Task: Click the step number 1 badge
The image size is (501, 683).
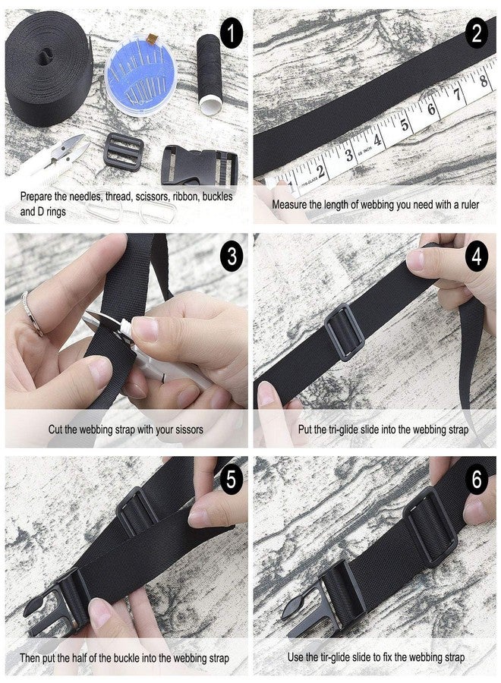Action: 232,33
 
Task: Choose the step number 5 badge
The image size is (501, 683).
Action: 232,479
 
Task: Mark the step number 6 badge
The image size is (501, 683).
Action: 477,479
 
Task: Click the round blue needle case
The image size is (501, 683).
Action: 140,75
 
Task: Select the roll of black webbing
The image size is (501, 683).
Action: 49,70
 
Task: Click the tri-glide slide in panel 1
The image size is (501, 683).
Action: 123,151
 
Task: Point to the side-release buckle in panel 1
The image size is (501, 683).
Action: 200,168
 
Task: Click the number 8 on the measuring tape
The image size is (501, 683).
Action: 483,80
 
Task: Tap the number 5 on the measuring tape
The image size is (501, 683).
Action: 405,125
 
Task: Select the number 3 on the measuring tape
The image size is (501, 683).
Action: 349,155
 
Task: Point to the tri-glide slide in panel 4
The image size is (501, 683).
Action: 344,332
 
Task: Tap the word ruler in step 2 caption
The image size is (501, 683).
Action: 467,205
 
